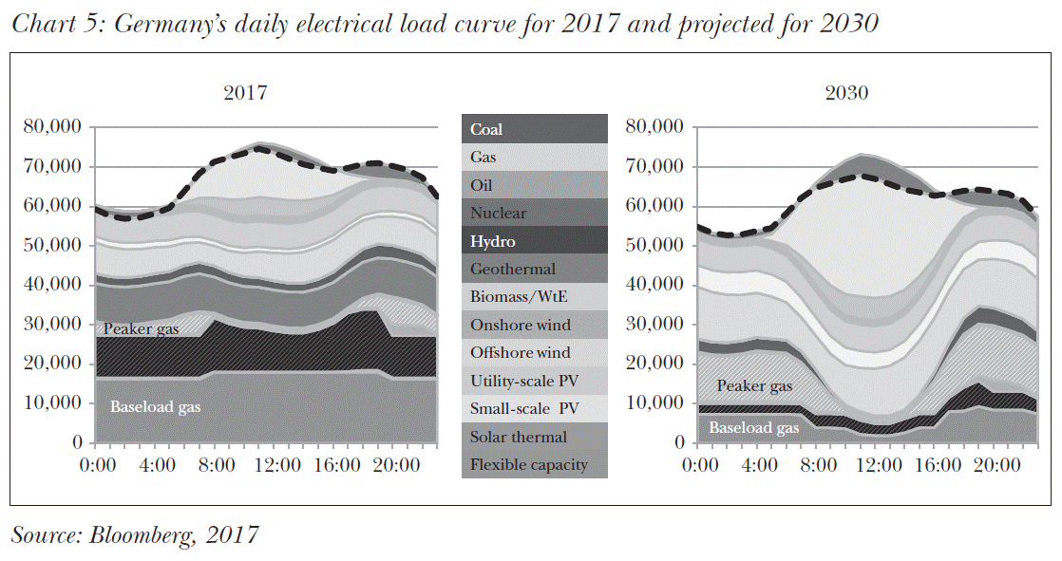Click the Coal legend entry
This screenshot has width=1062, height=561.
point(486,129)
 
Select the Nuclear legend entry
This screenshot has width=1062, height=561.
point(498,214)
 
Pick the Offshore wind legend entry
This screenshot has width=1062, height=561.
point(521,353)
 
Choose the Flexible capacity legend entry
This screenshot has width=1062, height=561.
point(529,465)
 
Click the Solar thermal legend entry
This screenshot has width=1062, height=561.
point(519,438)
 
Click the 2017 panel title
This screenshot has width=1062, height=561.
point(245,93)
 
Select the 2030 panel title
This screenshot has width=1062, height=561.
point(847,93)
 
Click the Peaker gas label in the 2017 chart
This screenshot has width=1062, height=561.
point(142,328)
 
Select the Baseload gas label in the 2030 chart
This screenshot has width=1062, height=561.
point(754,428)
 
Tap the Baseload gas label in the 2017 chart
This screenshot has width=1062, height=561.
point(156,408)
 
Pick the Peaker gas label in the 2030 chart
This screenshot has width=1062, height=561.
point(754,386)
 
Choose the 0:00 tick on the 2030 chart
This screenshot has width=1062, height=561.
point(700,465)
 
